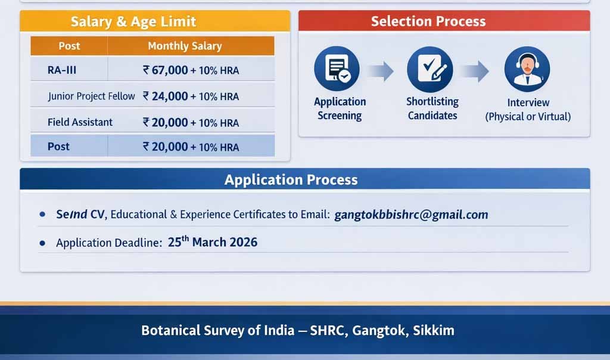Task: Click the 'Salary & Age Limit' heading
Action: (x=133, y=23)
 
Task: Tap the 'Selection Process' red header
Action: (x=428, y=21)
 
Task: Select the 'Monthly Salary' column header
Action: (x=185, y=46)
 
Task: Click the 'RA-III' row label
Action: (x=62, y=70)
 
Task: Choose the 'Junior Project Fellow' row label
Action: (x=91, y=96)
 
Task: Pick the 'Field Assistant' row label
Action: (x=80, y=122)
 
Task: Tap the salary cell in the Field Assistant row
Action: (x=191, y=122)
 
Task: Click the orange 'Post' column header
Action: (x=69, y=46)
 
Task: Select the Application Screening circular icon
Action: (x=337, y=69)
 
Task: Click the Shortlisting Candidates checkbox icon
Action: (x=430, y=69)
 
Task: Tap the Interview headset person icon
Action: (x=527, y=69)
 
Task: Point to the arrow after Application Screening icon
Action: (x=379, y=72)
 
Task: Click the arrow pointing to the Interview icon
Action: (x=474, y=72)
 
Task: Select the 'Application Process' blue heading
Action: (x=291, y=179)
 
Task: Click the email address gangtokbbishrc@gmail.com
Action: (x=411, y=215)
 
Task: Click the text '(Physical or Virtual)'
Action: (x=528, y=117)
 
